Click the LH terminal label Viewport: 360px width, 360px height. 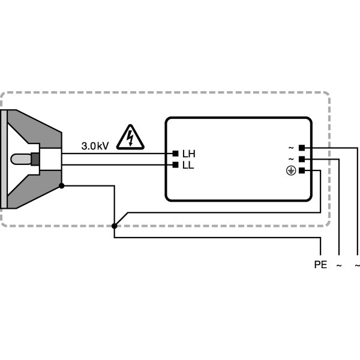(x=189, y=154)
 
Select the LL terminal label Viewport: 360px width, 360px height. (x=188, y=166)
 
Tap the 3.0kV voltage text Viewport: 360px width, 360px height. (x=95, y=146)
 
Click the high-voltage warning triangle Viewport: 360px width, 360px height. (x=130, y=137)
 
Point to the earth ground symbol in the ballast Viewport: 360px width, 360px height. (x=291, y=171)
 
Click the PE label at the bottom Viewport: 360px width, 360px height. (x=320, y=265)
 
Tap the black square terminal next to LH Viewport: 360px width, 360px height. (x=175, y=154)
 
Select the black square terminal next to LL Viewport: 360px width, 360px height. (x=175, y=165)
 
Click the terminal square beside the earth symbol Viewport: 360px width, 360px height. (x=302, y=170)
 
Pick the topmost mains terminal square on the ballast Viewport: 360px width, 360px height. (x=302, y=148)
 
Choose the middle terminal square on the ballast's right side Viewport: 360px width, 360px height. (x=302, y=159)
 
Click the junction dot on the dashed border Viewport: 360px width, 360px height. (x=115, y=226)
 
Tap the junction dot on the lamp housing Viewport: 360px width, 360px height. (x=62, y=186)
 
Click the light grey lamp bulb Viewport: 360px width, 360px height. (x=21, y=159)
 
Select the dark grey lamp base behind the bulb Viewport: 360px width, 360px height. (x=35, y=159)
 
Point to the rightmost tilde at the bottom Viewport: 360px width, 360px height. (x=357, y=265)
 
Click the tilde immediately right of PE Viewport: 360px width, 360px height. (x=339, y=265)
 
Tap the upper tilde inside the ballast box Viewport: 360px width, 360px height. (x=291, y=148)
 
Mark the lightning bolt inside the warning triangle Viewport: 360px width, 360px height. (x=130, y=138)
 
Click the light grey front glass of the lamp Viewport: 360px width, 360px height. (x=4, y=159)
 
